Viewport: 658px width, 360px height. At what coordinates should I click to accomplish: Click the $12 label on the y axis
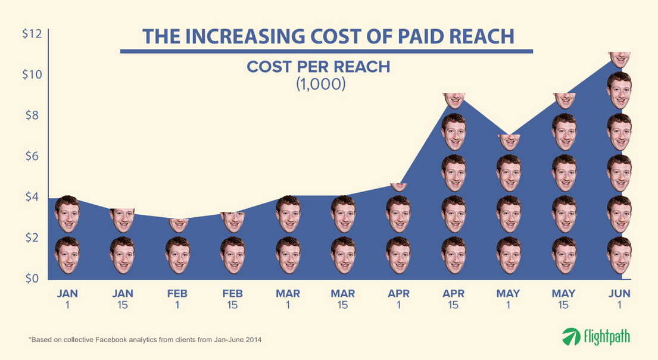tap(32, 35)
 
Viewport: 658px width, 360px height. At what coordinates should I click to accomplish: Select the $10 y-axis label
tap(32, 75)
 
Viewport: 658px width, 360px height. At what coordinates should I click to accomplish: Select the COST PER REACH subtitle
tap(319, 67)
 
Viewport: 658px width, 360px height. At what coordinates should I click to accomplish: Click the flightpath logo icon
tap(571, 337)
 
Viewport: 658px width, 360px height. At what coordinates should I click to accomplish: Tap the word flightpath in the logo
tap(606, 336)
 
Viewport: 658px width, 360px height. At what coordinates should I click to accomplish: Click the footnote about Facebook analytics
tap(145, 340)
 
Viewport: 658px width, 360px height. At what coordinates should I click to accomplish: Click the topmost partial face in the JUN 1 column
tap(619, 58)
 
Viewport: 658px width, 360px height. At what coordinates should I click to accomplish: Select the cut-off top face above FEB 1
tap(177, 224)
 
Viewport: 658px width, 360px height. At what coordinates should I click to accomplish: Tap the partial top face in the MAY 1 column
tap(509, 142)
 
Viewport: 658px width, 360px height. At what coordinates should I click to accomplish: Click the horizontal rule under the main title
tap(326, 52)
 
